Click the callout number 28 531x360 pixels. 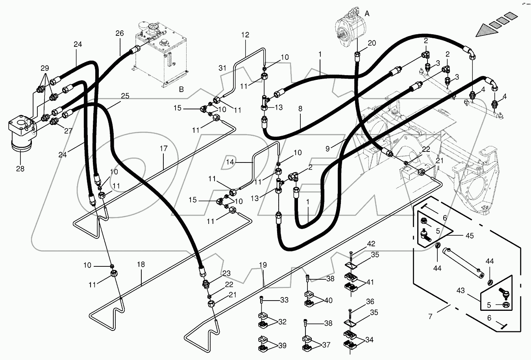[20, 169]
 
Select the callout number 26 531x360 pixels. [119, 34]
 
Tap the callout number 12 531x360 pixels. [245, 35]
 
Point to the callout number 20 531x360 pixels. [372, 43]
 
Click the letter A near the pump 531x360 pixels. [367, 13]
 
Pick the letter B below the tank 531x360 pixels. [181, 89]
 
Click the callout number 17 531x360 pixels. [164, 148]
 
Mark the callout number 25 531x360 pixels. [125, 96]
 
